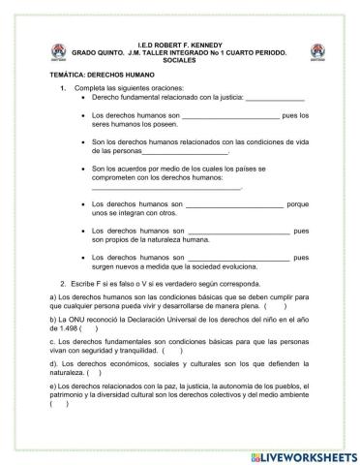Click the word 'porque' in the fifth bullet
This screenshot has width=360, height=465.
(298, 205)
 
